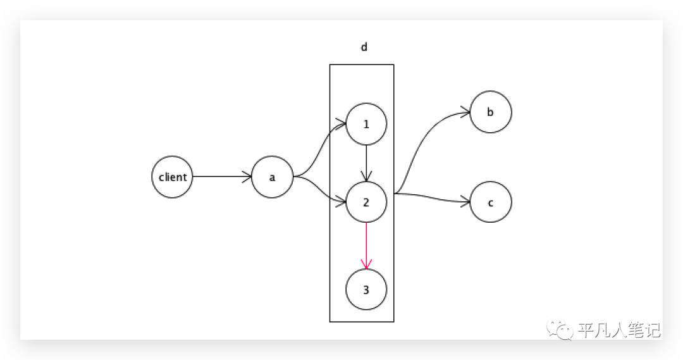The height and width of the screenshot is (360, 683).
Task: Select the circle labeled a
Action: (x=272, y=177)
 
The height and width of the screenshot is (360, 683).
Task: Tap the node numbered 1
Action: (x=366, y=124)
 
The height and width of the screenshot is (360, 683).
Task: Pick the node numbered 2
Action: (x=366, y=202)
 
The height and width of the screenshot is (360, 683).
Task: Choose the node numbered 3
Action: (x=366, y=290)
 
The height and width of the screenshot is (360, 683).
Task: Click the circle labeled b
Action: (x=491, y=112)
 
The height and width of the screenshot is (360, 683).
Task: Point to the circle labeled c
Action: (x=491, y=202)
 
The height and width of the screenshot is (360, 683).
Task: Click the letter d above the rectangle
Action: (x=364, y=47)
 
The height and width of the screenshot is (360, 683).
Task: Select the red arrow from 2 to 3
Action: (x=366, y=244)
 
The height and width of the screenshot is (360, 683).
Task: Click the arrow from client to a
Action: (x=221, y=177)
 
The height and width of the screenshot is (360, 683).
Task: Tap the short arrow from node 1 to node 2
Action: (x=366, y=161)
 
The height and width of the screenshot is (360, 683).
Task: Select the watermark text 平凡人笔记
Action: (x=618, y=330)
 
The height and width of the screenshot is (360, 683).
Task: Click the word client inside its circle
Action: (x=172, y=177)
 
